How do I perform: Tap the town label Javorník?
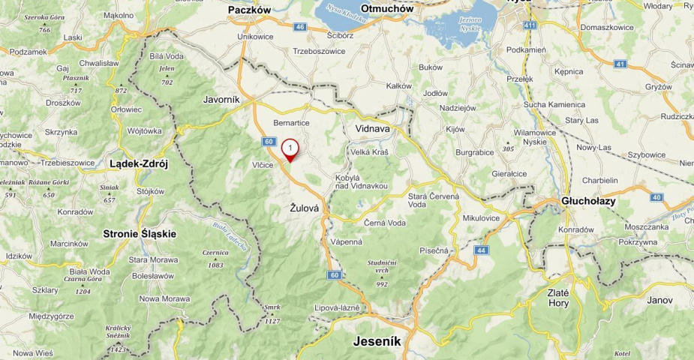pyautogui.click(x=221, y=99)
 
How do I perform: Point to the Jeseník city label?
pyautogui.click(x=377, y=342)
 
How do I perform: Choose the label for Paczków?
pyautogui.click(x=249, y=10)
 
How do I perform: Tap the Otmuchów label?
pyautogui.click(x=387, y=9)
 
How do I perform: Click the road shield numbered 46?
pyautogui.click(x=300, y=27)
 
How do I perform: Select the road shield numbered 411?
pyautogui.click(x=530, y=25)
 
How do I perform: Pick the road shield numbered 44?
pyautogui.click(x=481, y=250)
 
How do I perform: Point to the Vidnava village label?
pyautogui.click(x=373, y=128)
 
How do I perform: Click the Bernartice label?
pyautogui.click(x=291, y=122)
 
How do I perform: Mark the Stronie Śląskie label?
pyautogui.click(x=140, y=233)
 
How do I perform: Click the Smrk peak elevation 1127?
pyautogui.click(x=272, y=314)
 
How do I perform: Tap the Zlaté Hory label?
pyautogui.click(x=558, y=298)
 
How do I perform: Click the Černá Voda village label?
pyautogui.click(x=384, y=223)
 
